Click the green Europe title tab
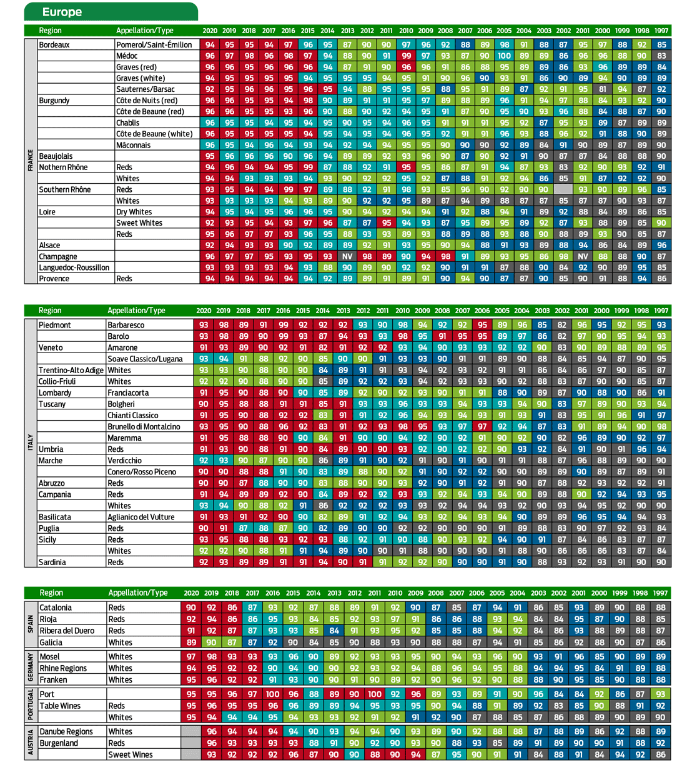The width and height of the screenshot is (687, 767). pos(111,12)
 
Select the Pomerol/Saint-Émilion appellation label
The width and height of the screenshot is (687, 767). pos(154,45)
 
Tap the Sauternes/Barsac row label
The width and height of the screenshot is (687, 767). pos(146,89)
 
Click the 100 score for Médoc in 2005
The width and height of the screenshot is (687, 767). pos(504,56)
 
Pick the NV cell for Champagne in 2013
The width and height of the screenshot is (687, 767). pos(347,256)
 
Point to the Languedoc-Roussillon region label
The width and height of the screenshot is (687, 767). pos(74,268)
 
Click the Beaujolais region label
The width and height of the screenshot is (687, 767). pos(56,156)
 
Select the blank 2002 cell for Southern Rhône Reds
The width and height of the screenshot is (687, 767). pos(563,189)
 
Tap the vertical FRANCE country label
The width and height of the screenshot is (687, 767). pos(31,161)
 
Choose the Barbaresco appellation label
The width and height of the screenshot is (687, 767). pos(126,325)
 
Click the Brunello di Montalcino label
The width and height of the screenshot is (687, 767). pos(144,427)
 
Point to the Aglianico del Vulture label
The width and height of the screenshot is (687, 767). pos(141,517)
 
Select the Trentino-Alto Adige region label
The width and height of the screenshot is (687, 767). pos(71,370)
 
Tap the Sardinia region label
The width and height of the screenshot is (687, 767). pos(52,562)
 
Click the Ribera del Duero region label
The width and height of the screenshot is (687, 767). pos(69,631)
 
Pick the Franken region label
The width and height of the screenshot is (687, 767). pos(53,679)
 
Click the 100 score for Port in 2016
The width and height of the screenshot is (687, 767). pos(272,694)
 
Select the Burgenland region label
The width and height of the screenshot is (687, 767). pos(59,743)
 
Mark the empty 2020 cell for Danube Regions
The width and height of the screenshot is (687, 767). pos(191,731)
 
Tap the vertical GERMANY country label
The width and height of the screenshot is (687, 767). pos(31,668)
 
